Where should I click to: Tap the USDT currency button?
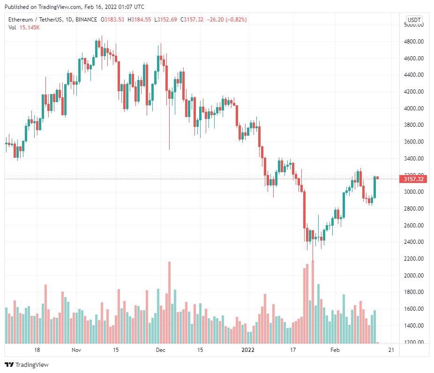pyautogui.click(x=414, y=20)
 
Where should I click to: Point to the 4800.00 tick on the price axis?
pyautogui.click(x=414, y=42)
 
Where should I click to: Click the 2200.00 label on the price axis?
pyautogui.click(x=414, y=259)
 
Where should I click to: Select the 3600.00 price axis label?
pyautogui.click(x=414, y=142)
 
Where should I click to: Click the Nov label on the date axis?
pyautogui.click(x=76, y=350)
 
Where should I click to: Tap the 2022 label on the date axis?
pyautogui.click(x=248, y=350)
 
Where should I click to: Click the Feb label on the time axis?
pyautogui.click(x=335, y=350)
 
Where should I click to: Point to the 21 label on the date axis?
pyautogui.click(x=391, y=350)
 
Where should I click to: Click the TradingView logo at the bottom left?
pyautogui.click(x=27, y=365)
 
